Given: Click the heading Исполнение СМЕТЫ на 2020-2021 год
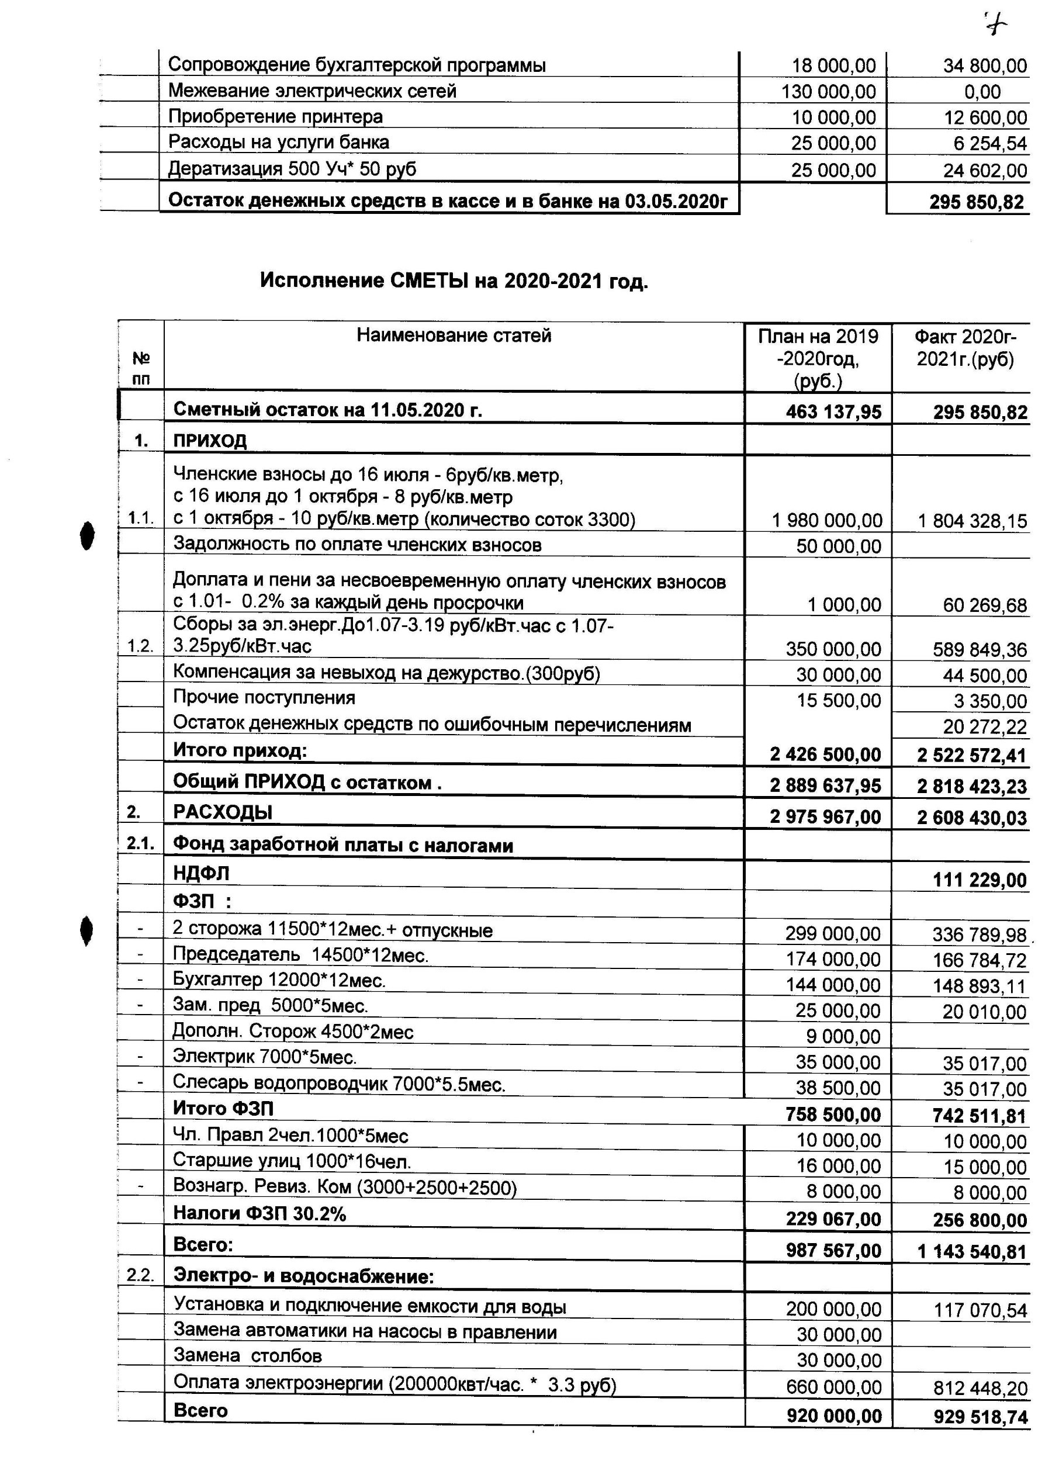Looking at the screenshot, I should (x=454, y=281).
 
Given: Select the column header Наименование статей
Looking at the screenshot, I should (x=454, y=335).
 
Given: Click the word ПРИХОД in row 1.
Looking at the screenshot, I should (x=210, y=441).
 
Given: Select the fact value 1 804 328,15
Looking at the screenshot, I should (x=973, y=521).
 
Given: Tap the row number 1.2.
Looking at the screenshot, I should (x=140, y=646).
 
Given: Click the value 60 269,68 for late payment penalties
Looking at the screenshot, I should (x=984, y=605).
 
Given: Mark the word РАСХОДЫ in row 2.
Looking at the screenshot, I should (x=222, y=812).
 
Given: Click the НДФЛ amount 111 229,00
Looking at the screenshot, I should (x=980, y=880).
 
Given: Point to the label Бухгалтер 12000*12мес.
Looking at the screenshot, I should (x=279, y=980).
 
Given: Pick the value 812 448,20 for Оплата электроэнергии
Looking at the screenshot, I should (x=980, y=1389).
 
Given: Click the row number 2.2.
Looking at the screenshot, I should (x=140, y=1276).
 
